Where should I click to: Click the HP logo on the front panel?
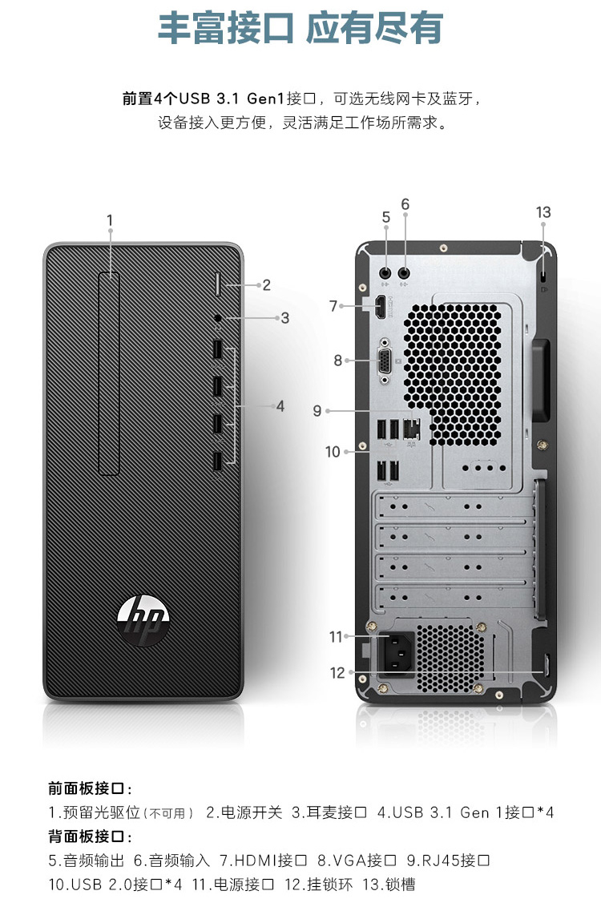(x=143, y=620)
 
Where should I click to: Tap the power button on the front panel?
(x=217, y=284)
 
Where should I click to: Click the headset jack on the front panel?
(x=219, y=318)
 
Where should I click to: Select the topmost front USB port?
(x=217, y=349)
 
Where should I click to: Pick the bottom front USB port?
(x=217, y=462)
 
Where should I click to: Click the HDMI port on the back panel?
(x=381, y=307)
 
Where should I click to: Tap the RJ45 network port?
(x=411, y=429)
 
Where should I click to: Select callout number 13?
(x=543, y=212)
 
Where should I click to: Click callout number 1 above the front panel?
(x=110, y=220)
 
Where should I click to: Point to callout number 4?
(x=280, y=406)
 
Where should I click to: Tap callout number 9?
(x=317, y=411)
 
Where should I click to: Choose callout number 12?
(x=337, y=672)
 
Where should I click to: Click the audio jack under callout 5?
(x=385, y=273)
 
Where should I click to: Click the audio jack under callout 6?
(x=405, y=273)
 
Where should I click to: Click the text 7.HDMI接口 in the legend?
(x=263, y=861)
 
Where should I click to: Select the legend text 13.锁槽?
(x=389, y=885)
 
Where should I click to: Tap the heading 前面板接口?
(x=90, y=788)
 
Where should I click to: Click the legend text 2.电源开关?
(x=244, y=812)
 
